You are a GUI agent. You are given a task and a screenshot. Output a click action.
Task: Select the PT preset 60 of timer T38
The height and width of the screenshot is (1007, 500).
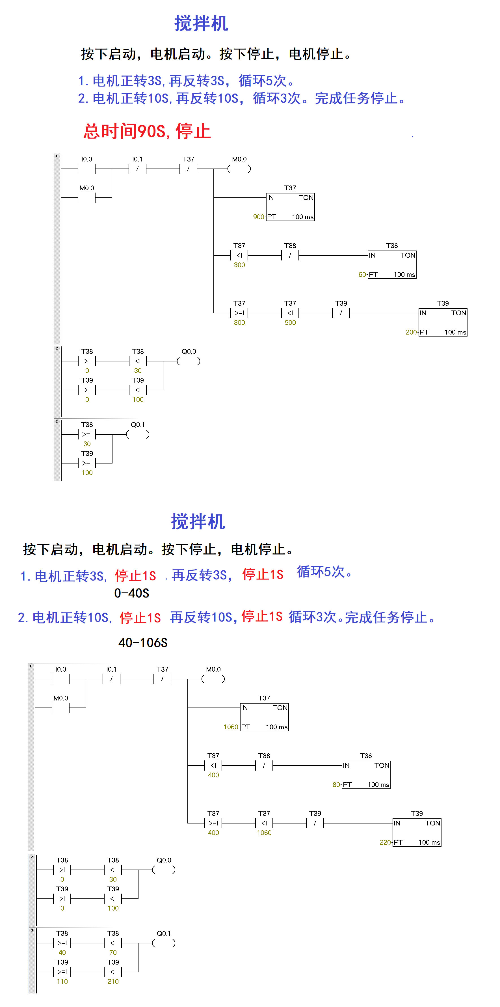coord(362,274)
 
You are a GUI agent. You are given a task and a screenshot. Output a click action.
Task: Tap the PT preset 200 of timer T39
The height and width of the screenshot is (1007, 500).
coord(411,332)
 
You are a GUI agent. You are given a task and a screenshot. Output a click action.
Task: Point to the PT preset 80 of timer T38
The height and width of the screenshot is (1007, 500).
coord(336,784)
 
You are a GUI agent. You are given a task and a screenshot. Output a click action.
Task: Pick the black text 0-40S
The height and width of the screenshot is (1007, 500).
coord(132,593)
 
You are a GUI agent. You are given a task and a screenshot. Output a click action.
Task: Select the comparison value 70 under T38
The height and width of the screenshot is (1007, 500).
coord(113,953)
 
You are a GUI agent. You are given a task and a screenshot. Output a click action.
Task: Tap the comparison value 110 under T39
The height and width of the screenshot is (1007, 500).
coord(62,982)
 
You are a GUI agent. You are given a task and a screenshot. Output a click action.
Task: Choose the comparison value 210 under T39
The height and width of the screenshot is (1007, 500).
coord(113,982)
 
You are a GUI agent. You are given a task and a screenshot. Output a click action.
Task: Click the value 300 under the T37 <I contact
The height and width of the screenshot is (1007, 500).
coord(239,265)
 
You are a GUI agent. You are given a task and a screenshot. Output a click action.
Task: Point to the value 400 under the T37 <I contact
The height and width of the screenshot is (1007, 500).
coord(213,775)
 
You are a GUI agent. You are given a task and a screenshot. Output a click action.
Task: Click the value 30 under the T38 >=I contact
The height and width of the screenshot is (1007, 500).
coord(87,444)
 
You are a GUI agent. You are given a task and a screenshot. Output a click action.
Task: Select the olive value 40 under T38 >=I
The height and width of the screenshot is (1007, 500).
coord(62,953)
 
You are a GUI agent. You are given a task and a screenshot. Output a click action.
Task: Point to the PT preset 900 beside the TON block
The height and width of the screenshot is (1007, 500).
coord(259,217)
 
